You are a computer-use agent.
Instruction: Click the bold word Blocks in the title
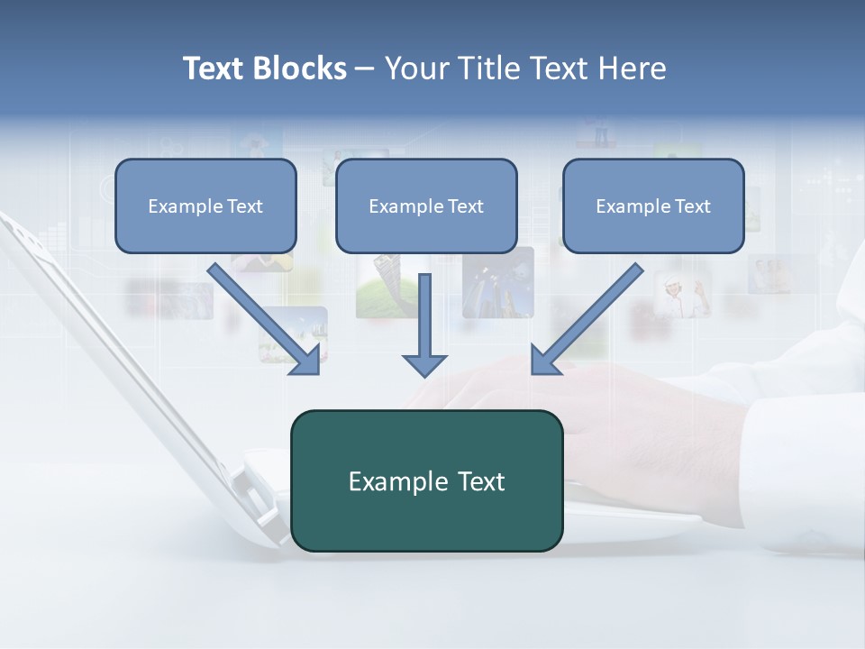(x=301, y=69)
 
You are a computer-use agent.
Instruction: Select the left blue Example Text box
(x=205, y=206)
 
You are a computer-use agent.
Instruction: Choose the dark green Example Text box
(x=426, y=480)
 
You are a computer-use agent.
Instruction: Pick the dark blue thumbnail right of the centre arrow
(x=497, y=282)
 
